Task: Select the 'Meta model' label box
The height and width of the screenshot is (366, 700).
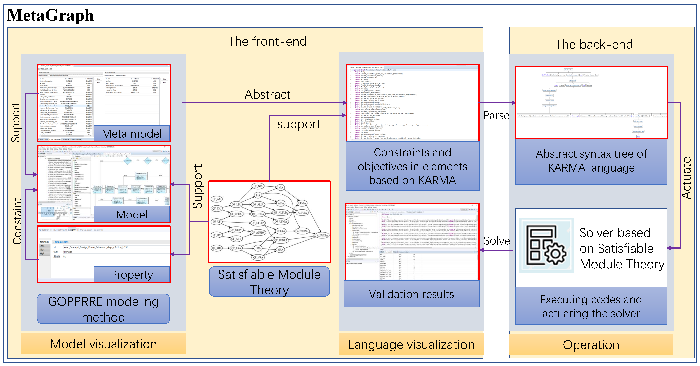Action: coord(132,134)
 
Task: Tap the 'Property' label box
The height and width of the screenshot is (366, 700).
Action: coord(132,275)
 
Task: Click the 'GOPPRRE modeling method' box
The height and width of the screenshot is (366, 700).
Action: coord(103,309)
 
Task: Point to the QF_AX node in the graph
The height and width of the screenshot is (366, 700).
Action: coord(217,199)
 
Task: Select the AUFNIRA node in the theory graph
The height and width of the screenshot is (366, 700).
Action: coord(322,235)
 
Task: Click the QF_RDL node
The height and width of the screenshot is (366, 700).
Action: coord(217,248)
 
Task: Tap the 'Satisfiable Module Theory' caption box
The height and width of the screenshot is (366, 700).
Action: coord(269,281)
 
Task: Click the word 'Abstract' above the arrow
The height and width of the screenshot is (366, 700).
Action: coord(267,94)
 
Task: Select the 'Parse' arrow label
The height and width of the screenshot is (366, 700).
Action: coord(496,116)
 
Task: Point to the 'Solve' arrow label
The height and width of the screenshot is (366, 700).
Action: coord(497,241)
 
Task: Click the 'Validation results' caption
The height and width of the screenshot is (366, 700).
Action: coord(411,294)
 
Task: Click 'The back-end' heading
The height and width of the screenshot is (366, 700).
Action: coord(594,44)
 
